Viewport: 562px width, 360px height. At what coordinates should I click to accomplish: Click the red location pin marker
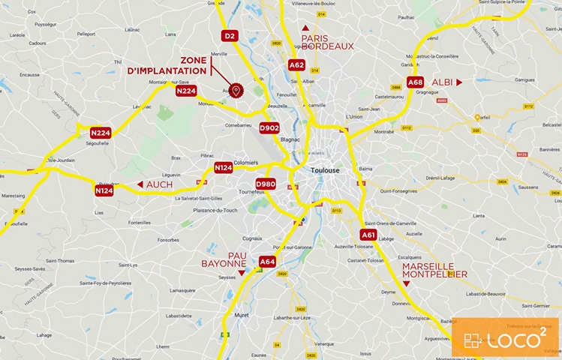pyautogui.click(x=236, y=91)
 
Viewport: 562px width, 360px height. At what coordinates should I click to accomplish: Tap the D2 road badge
pyautogui.click(x=230, y=35)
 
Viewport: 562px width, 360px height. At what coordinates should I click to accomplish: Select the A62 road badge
pyautogui.click(x=296, y=65)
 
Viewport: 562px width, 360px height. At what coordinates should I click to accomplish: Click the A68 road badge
pyautogui.click(x=415, y=82)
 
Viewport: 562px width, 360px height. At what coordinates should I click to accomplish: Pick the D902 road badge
pyautogui.click(x=269, y=127)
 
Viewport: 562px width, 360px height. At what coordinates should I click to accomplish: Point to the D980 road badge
pyautogui.click(x=266, y=184)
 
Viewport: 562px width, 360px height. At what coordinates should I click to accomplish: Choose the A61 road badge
pyautogui.click(x=368, y=235)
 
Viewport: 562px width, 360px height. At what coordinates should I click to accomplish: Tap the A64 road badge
pyautogui.click(x=268, y=261)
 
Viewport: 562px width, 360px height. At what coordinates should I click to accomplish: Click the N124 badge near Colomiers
pyautogui.click(x=224, y=167)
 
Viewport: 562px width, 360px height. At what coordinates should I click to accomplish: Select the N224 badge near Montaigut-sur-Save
pyautogui.click(x=186, y=91)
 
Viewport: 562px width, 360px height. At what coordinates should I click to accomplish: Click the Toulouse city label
pyautogui.click(x=326, y=170)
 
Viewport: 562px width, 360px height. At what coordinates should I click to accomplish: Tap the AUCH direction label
pyautogui.click(x=159, y=184)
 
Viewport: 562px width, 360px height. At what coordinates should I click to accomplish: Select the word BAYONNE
pyautogui.click(x=224, y=264)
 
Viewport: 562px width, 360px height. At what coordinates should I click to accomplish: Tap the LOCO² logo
pyautogui.click(x=503, y=337)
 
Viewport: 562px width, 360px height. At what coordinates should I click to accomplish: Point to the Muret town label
pyautogui.click(x=242, y=316)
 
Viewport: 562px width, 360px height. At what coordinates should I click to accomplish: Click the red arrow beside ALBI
pyautogui.click(x=458, y=82)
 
